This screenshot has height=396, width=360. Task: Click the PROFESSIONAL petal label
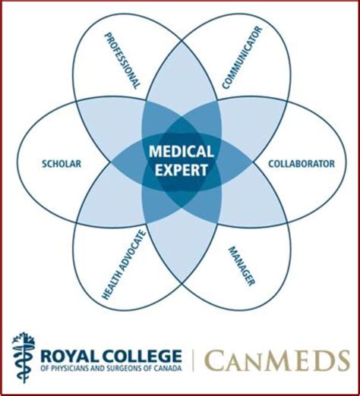pyautogui.click(x=122, y=61)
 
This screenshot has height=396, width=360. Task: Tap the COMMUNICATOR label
pyautogui.click(x=242, y=58)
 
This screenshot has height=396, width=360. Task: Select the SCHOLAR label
pyautogui.click(x=62, y=164)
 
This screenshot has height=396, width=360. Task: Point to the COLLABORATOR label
pyautogui.click(x=302, y=164)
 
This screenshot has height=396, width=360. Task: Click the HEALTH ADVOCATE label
pyautogui.click(x=124, y=265)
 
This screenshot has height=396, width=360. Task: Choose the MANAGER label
pyautogui.click(x=242, y=266)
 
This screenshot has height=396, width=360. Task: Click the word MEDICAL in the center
pyautogui.click(x=182, y=152)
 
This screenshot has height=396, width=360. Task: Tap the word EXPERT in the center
pyautogui.click(x=182, y=170)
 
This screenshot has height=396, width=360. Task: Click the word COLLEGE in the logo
pyautogui.click(x=137, y=356)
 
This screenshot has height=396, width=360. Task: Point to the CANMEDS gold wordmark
pyautogui.click(x=276, y=360)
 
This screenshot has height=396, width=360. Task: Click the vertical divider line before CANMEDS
pyautogui.click(x=193, y=360)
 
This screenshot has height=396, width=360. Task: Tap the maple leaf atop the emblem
pyautogui.click(x=24, y=339)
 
